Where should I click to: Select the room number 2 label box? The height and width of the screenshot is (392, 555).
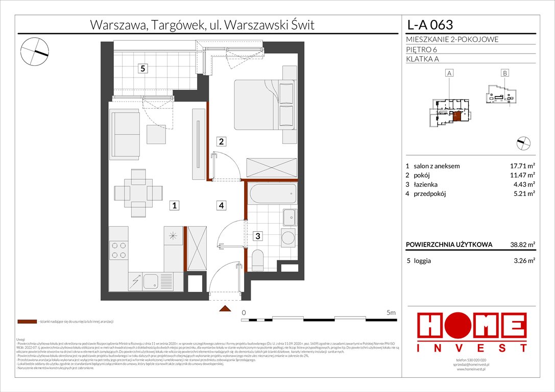tap(221, 141)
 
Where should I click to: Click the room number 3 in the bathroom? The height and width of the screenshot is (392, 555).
tap(258, 236)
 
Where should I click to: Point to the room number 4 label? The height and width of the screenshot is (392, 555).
tap(221, 206)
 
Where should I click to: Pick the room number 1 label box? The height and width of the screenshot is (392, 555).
tap(174, 206)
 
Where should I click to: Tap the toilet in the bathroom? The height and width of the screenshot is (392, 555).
tap(258, 260)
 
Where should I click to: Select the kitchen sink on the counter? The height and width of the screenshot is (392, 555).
tap(151, 280)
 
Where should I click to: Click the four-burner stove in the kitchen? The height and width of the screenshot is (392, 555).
tap(119, 250)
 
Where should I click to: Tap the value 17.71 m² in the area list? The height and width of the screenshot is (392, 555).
tap(521, 166)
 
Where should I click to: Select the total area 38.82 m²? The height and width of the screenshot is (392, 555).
tap(521, 244)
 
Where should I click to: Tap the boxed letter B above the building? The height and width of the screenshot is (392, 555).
tap(504, 73)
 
